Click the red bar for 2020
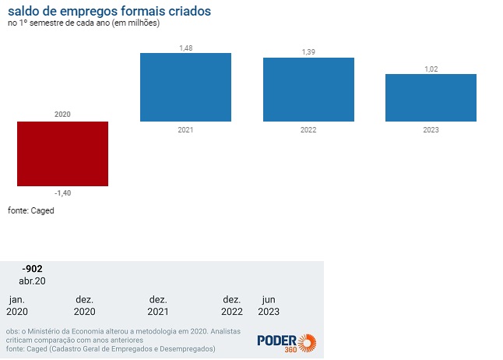click(x=62, y=154)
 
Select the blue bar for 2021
click(x=185, y=87)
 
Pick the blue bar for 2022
click(x=308, y=90)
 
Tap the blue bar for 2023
click(x=431, y=97)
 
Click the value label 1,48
click(x=185, y=48)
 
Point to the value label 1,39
click(x=308, y=51)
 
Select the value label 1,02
click(x=431, y=69)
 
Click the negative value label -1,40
click(x=62, y=192)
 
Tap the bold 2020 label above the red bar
click(x=62, y=115)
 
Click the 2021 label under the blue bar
click(x=185, y=129)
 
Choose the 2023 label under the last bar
click(x=431, y=129)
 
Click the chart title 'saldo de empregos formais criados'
click(x=109, y=12)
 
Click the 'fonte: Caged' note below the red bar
click(x=31, y=210)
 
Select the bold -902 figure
click(x=32, y=269)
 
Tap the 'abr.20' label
click(x=32, y=281)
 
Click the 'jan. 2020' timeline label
click(x=16, y=305)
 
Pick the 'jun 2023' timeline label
click(x=269, y=305)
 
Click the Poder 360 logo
click(x=286, y=343)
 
